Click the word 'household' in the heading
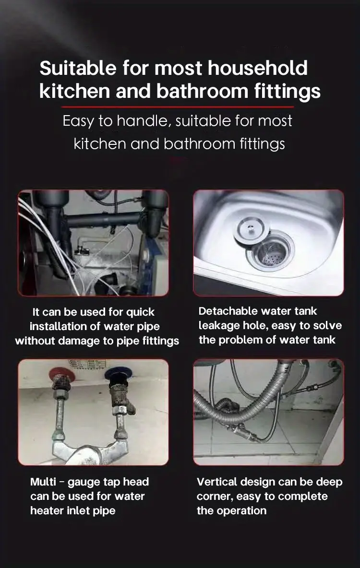coord(258,68)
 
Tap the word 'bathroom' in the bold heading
coord(202,91)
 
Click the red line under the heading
coord(178,107)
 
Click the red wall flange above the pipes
coord(61,373)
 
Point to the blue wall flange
coord(116,373)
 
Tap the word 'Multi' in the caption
coord(43,482)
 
